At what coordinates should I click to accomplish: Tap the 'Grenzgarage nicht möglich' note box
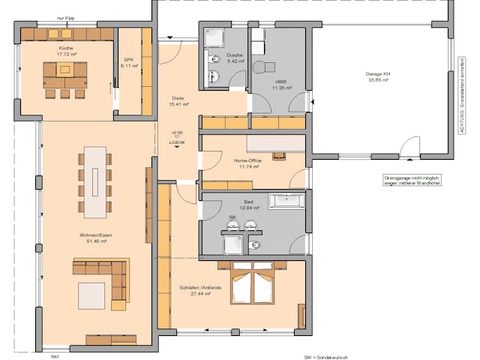[411, 181]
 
